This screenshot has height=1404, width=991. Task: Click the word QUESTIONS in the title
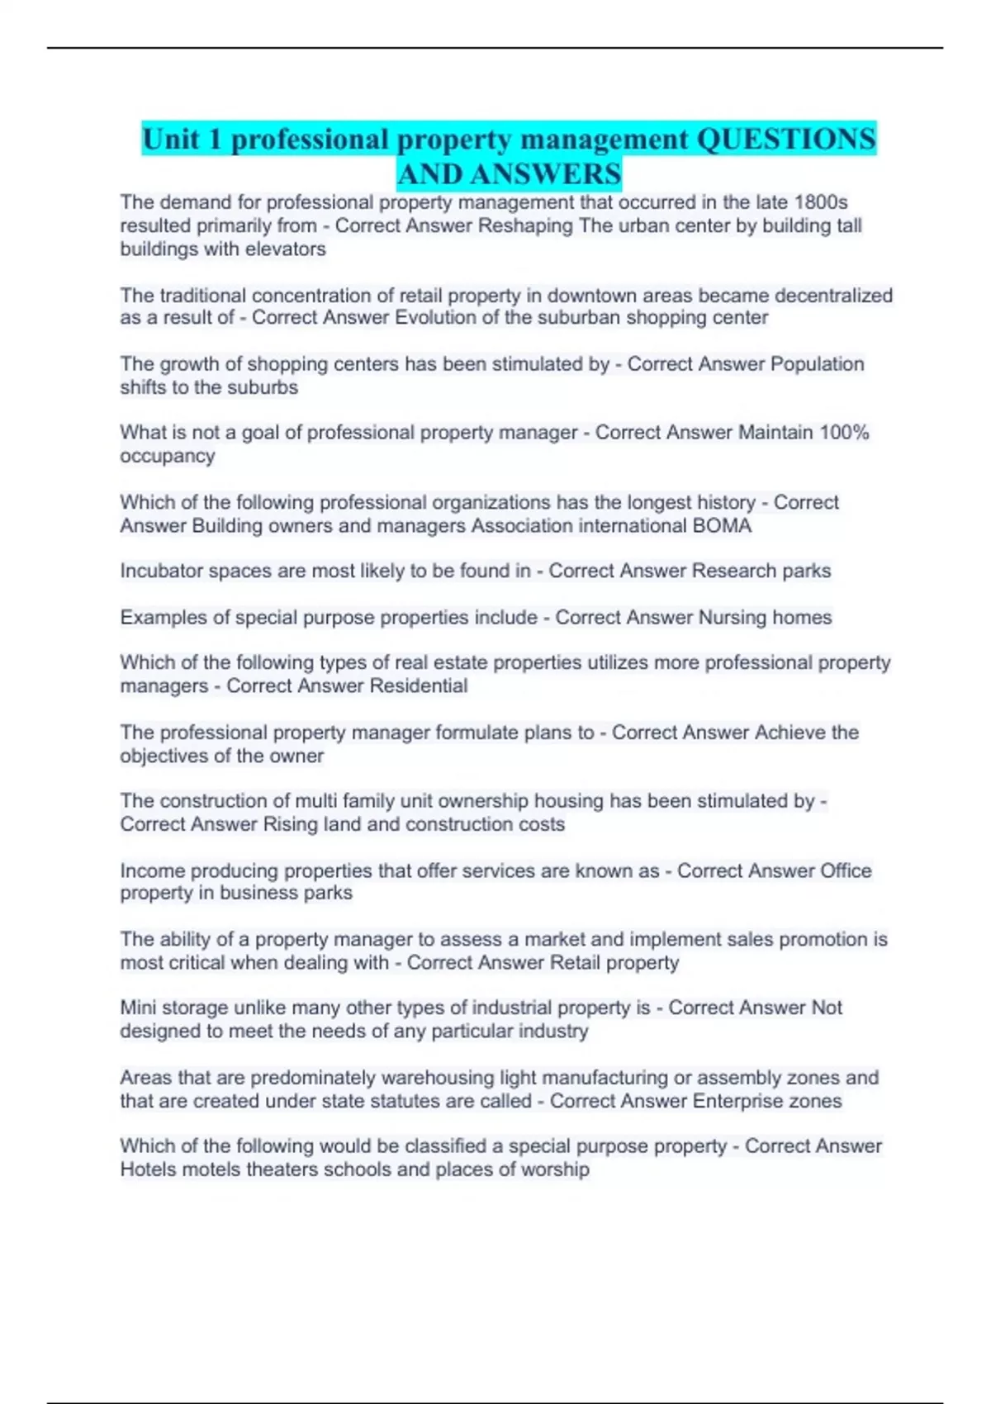click(786, 139)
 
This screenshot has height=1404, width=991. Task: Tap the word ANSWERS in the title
click(545, 174)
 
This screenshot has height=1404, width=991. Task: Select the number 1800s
click(821, 202)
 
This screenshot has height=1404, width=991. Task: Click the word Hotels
click(148, 1169)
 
